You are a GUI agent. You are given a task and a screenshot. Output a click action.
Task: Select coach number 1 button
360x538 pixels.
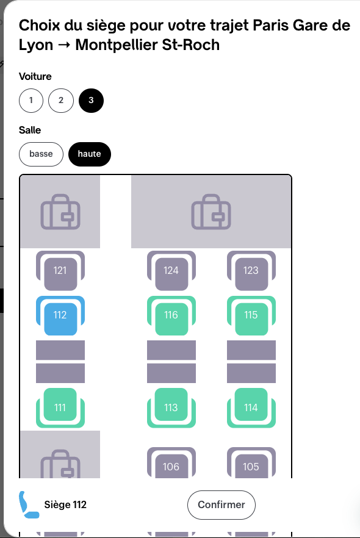click(31, 100)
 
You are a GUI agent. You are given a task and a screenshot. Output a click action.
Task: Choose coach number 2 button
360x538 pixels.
click(61, 100)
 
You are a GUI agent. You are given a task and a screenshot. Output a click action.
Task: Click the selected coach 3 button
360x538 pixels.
click(91, 100)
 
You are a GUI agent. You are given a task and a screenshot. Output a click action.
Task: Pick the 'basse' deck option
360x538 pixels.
click(41, 154)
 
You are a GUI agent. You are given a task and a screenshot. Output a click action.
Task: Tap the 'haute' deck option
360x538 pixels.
click(89, 154)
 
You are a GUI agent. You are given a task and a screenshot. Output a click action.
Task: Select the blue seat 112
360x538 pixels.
click(60, 315)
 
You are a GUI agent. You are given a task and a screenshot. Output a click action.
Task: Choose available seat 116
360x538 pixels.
click(171, 315)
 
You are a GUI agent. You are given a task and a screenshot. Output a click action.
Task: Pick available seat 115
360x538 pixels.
click(251, 315)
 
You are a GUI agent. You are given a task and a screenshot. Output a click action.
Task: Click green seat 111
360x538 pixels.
click(60, 407)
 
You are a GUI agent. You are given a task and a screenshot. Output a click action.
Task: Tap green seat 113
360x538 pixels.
click(171, 407)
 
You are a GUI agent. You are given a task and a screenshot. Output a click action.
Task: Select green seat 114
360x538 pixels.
click(251, 407)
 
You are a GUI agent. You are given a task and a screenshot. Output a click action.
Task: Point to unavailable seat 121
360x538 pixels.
click(60, 270)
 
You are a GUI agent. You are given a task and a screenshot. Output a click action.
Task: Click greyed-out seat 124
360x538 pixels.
click(171, 270)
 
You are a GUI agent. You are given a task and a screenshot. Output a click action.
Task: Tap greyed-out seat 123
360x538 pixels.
click(251, 270)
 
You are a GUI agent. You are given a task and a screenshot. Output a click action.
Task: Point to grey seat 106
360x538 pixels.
click(171, 462)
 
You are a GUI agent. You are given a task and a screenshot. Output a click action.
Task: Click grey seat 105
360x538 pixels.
click(251, 462)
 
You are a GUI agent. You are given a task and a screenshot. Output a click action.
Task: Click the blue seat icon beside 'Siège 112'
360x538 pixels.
click(29, 504)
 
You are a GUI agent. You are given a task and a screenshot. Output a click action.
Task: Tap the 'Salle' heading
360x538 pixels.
click(30, 130)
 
